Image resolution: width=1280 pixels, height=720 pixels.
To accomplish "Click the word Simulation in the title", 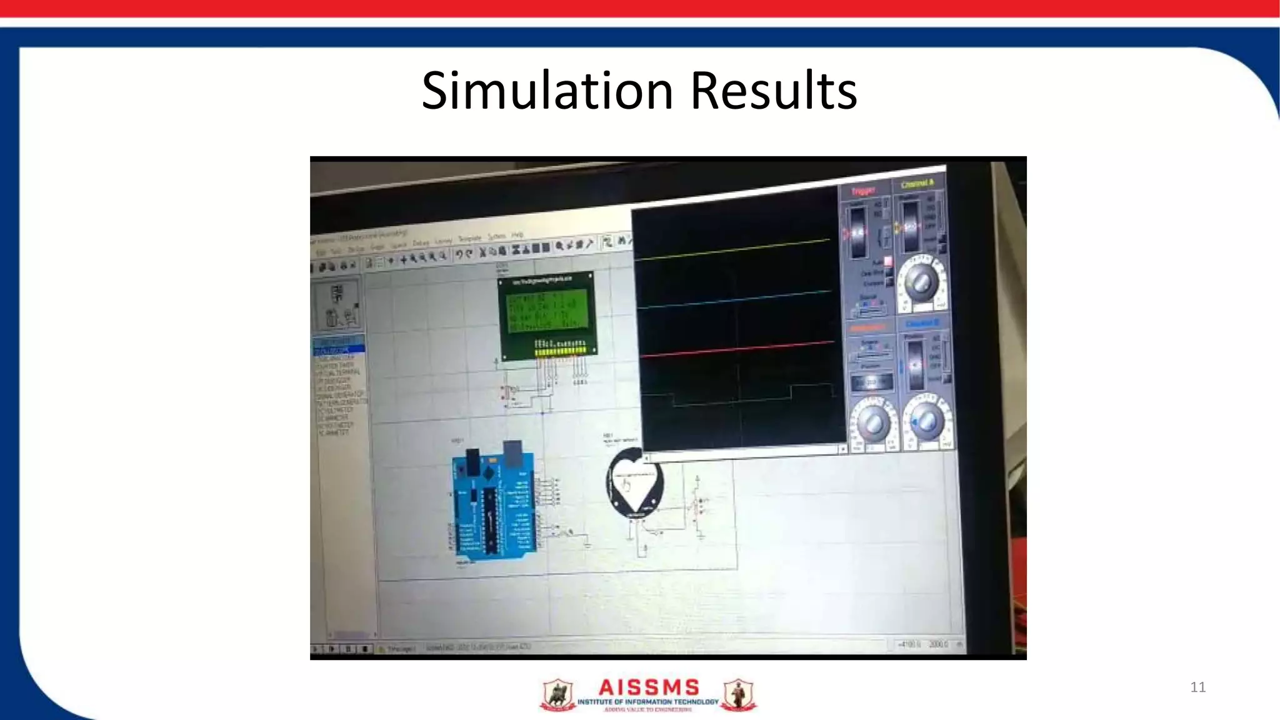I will (547, 91).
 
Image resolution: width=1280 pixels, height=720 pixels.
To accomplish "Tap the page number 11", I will (1197, 687).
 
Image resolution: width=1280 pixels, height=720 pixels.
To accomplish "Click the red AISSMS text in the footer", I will (648, 687).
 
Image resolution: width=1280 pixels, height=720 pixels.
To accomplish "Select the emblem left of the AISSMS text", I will (557, 695).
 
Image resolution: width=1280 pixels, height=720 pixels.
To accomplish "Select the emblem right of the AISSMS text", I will (739, 695).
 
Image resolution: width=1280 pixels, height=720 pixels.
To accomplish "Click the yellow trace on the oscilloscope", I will (731, 249).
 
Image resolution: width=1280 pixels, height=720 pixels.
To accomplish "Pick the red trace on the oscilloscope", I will (731, 350).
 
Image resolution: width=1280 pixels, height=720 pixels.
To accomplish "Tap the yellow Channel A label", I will (917, 184).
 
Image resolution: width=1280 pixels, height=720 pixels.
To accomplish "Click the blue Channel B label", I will (922, 324).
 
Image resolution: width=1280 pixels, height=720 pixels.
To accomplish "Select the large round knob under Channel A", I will (921, 282).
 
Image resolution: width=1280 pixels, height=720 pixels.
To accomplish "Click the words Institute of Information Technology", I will (647, 702).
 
